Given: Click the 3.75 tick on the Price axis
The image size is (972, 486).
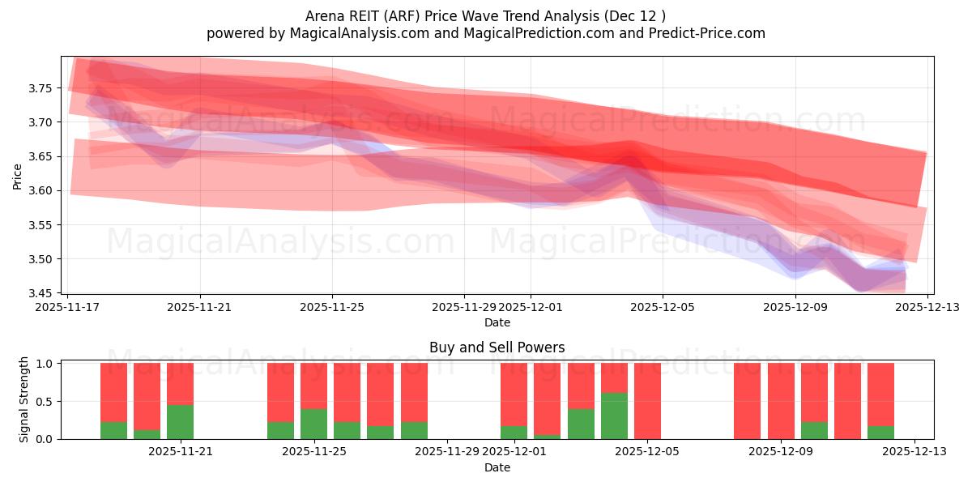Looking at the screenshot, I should point(44,88).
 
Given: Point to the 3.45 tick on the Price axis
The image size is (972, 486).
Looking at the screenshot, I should point(44,293).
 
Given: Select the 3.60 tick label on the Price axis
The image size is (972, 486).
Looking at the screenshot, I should point(44,191).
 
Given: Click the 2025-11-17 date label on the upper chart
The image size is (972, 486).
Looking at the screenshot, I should point(68,308).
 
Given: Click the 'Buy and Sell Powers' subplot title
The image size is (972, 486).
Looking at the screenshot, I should point(497,347).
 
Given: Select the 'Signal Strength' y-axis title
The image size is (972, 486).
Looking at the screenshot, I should point(24,399).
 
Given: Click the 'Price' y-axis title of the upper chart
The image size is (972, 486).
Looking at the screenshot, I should point(18,176).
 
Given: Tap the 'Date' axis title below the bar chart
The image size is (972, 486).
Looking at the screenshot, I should point(497,467).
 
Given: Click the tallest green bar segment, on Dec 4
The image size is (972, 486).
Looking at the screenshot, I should point(614,416).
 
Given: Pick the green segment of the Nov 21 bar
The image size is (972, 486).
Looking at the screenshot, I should point(180,422).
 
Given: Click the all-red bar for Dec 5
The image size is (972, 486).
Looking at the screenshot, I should point(647,401).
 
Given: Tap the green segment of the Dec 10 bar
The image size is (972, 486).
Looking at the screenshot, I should point(814,430).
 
